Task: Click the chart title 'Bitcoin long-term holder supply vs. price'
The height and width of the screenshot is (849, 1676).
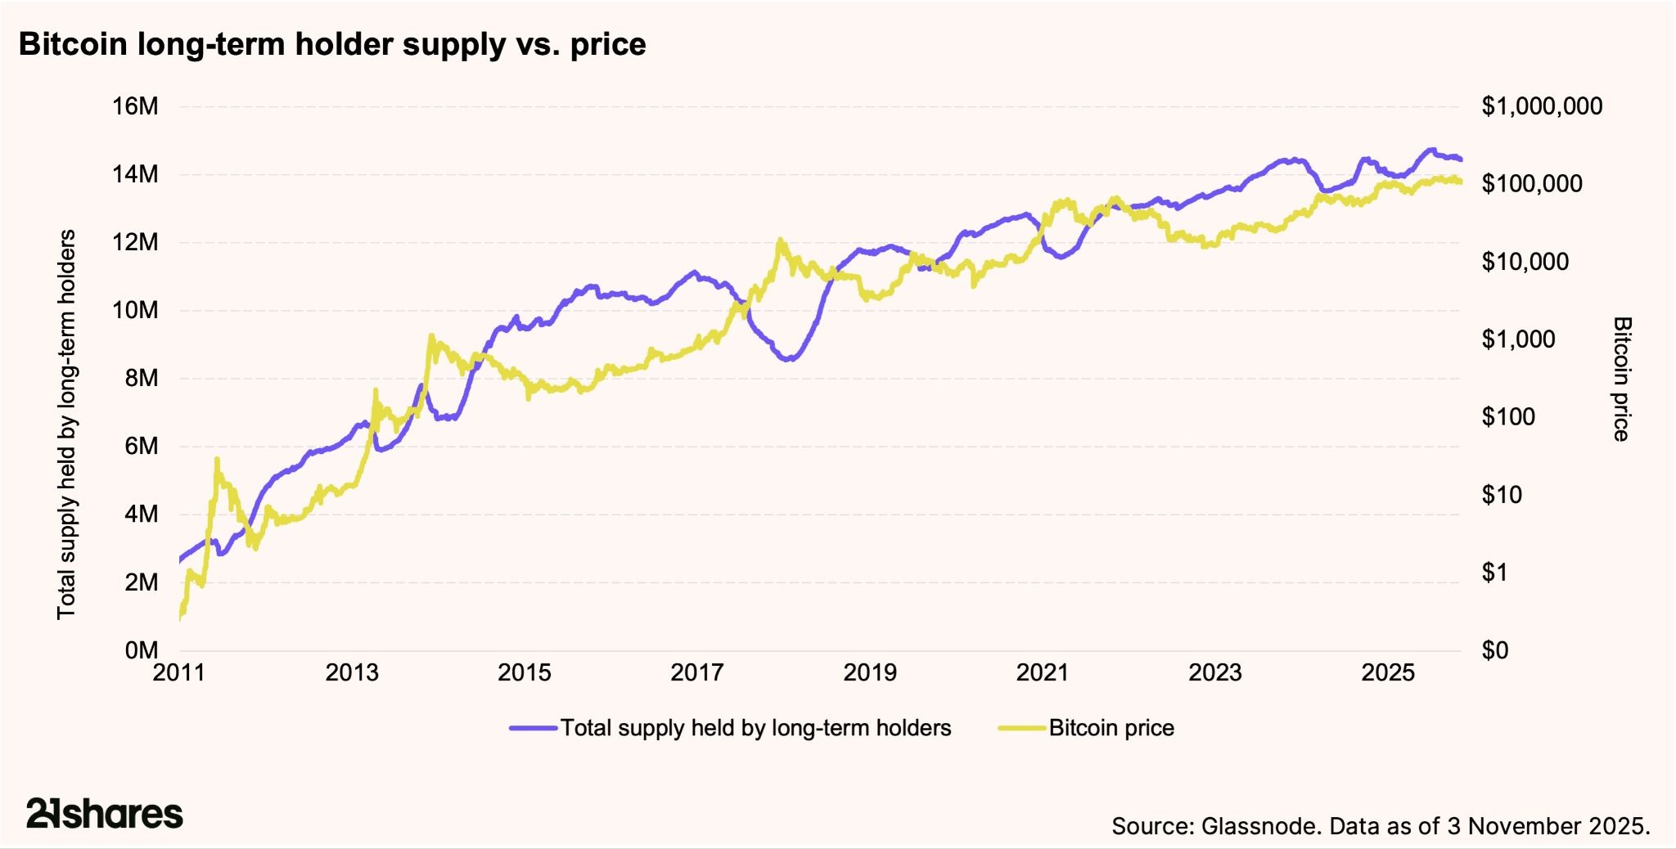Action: click(332, 44)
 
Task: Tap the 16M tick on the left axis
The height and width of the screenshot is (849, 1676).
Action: click(135, 106)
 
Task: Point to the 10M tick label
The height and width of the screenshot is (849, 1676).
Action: click(135, 311)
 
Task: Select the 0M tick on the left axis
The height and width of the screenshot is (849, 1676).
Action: click(141, 651)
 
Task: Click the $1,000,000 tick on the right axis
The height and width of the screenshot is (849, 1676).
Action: click(1542, 106)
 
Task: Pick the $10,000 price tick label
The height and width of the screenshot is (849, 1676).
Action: click(1525, 262)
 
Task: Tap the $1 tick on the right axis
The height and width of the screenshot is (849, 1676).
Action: click(1494, 573)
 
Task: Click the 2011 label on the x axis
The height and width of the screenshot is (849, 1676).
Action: click(179, 673)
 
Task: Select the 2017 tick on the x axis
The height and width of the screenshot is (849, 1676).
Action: click(697, 673)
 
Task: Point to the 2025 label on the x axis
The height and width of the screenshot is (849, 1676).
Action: click(1388, 673)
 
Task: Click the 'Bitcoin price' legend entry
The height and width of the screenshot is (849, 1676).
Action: click(1111, 728)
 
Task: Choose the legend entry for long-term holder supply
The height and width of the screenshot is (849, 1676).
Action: click(755, 728)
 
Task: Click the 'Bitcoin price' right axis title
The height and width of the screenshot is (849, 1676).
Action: click(1621, 379)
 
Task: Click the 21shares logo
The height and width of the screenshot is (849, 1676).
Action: click(105, 814)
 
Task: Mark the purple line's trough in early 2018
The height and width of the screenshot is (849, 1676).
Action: click(789, 359)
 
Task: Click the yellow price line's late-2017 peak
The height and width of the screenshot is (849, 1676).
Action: click(780, 240)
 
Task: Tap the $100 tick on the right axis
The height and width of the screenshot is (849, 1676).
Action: click(1508, 417)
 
